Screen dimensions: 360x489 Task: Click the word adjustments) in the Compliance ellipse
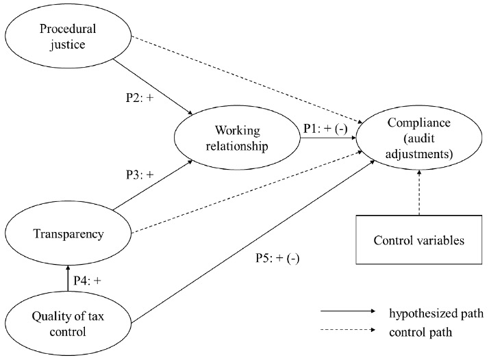[x=420, y=155]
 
